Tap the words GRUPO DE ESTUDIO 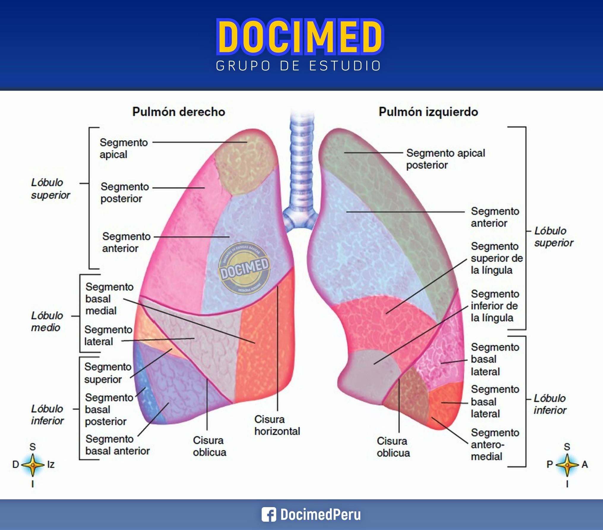298,66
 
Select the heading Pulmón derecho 179,112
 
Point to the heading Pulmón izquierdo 428,112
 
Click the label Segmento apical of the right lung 124,148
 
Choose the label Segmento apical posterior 445,159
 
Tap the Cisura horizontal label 277,425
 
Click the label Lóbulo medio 47,322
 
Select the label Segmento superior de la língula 496,258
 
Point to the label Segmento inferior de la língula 495,306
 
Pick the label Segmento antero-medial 495,444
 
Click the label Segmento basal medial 109,299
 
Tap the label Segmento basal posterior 109,409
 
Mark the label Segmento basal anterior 117,445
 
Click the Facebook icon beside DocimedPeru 269,515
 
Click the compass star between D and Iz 33,465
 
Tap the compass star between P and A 567,465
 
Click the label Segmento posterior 125,192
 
